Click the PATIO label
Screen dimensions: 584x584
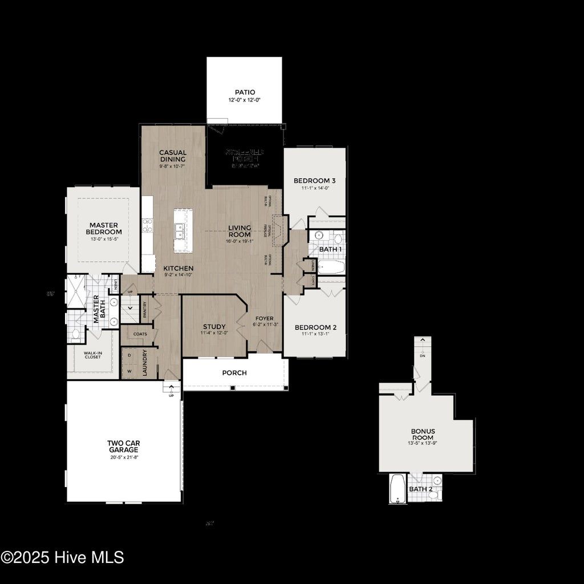click(245, 92)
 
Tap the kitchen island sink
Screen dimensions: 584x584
click(180, 230)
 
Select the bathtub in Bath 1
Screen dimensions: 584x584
click(331, 267)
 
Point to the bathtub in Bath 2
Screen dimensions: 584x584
click(397, 489)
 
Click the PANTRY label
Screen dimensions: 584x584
click(145, 309)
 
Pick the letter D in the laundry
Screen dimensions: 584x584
click(129, 355)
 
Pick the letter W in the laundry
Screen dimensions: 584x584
click(129, 370)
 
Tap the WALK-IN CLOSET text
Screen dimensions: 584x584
click(93, 355)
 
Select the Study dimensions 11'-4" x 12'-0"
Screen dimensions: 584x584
click(214, 333)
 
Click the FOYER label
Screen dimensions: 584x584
click(265, 319)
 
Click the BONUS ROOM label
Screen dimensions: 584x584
click(423, 434)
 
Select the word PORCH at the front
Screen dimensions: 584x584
click(234, 373)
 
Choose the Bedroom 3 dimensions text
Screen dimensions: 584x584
click(315, 188)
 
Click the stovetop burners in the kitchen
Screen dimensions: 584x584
click(147, 225)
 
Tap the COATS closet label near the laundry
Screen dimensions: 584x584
click(140, 334)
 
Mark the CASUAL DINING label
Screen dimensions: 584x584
click(173, 156)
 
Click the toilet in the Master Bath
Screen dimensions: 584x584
click(75, 334)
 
